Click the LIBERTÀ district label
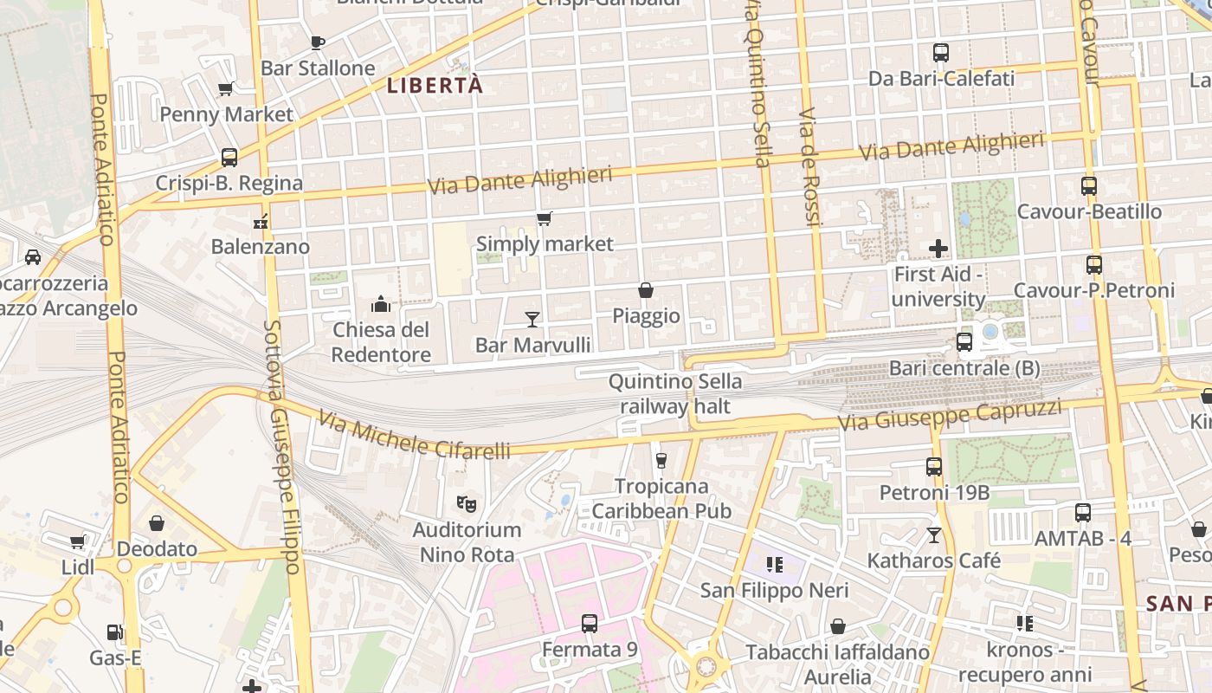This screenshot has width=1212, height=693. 435,85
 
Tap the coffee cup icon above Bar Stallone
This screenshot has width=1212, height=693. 318,42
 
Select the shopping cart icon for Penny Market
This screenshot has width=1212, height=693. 226,88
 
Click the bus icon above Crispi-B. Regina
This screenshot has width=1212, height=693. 229,158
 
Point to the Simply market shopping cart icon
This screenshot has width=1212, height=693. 544,218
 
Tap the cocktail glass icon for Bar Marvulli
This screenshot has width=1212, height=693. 532,320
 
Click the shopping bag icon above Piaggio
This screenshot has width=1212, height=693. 646,290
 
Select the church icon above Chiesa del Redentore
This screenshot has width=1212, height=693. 381,304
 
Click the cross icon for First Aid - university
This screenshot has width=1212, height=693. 938,249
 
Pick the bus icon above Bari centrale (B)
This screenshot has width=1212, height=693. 964,342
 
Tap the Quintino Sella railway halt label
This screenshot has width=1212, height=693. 675,394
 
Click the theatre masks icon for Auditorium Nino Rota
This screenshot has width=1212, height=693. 467,503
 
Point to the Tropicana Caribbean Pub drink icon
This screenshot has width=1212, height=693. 661,460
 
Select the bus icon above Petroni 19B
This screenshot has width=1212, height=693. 934,467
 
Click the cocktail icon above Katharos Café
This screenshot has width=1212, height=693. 934,534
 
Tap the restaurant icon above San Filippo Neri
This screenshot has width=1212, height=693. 775,565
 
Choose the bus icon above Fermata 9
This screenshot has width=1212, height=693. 590,623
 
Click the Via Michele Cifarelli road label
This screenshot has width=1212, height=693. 414,436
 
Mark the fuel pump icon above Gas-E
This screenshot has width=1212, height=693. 114,633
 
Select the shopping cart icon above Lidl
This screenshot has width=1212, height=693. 78,541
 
